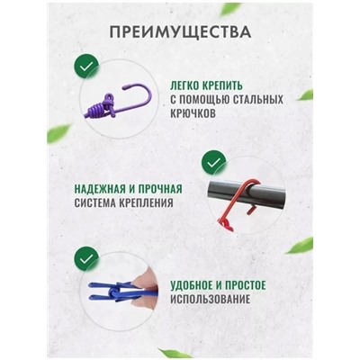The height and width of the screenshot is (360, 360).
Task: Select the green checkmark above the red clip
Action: tap(213, 162)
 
